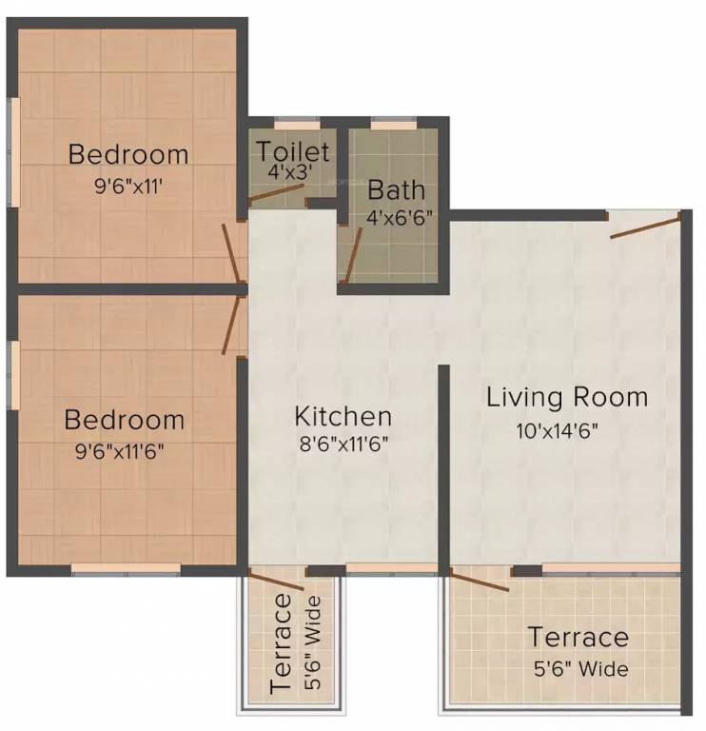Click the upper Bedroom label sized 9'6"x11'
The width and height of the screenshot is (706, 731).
pos(128,153)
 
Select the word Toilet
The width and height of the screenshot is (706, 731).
pos(293,151)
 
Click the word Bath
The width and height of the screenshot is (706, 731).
pos(397,188)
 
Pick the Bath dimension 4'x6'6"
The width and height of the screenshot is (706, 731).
pos(400,217)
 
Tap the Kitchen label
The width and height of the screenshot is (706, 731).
pos(343,416)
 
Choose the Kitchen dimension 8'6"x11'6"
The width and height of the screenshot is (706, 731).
pos(343,443)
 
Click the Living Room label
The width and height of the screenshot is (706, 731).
pos(567,397)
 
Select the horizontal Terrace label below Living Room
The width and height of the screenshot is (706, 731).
pos(579,637)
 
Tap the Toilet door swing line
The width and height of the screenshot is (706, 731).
pos(277,194)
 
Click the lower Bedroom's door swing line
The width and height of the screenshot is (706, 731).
pos(231,326)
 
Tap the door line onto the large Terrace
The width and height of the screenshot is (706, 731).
pos(480,581)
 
